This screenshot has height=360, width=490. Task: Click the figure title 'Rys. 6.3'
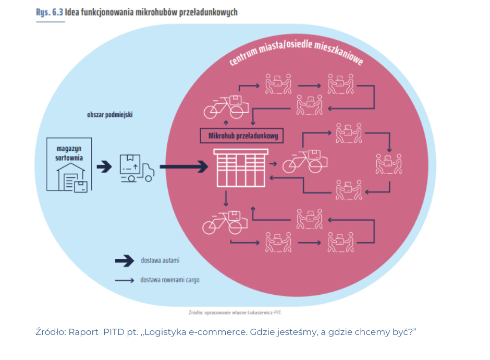coord(50,11)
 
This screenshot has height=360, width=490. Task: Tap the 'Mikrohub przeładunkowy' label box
coord(242,137)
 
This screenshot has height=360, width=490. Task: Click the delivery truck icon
coord(137,168)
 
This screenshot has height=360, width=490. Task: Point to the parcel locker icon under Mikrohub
coord(241,167)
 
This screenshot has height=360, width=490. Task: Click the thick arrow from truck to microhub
coord(183,167)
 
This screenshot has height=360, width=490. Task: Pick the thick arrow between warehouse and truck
coord(104,166)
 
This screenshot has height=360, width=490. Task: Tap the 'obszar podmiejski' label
coord(109,114)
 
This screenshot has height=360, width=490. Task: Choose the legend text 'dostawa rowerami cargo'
coord(169,280)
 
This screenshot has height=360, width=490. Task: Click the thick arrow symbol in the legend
coord(125,260)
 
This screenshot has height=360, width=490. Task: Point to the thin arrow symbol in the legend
coord(125,281)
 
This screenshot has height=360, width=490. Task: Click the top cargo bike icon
coord(226,107)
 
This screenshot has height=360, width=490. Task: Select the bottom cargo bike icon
coord(225,221)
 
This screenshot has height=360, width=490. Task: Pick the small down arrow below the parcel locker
coord(226,198)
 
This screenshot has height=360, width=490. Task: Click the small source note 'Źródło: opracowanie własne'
coord(238,313)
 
